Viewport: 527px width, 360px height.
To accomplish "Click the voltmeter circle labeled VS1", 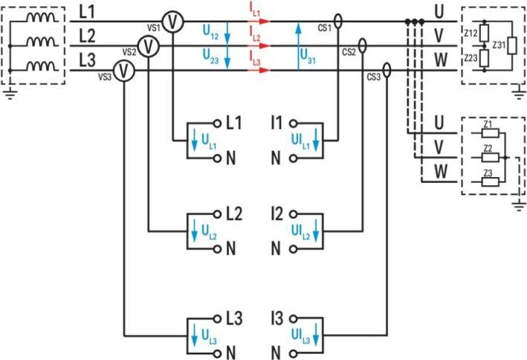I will coord(173,22).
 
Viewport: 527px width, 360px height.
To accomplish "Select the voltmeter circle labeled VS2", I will coord(149,47).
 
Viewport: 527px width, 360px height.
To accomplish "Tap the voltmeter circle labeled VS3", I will coord(125,71).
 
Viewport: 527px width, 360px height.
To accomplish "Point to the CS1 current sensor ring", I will coord(338,22).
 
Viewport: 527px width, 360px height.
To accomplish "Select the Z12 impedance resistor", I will coord(484,33).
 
